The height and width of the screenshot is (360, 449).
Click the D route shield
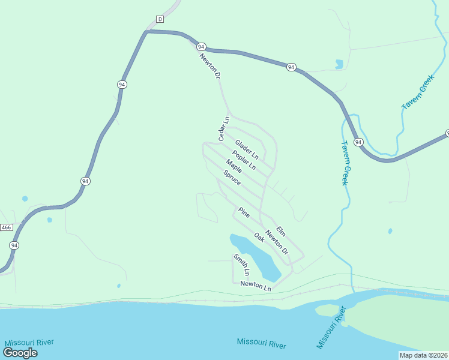pyautogui.click(x=160, y=19)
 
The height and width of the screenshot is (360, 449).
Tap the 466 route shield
pyautogui.click(x=7, y=227)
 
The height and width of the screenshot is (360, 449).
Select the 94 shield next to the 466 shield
pyautogui.click(x=14, y=245)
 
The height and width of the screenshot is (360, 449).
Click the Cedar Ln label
pyautogui.click(x=224, y=129)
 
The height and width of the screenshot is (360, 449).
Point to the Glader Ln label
pyautogui.click(x=246, y=146)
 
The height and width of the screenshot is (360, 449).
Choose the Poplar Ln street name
pyautogui.click(x=244, y=159)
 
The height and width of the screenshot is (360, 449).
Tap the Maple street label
pyautogui.click(x=234, y=167)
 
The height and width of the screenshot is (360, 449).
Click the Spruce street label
pyautogui.click(x=232, y=178)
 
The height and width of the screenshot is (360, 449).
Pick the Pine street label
pyautogui.click(x=244, y=212)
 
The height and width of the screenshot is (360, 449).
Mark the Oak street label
pyautogui.click(x=259, y=238)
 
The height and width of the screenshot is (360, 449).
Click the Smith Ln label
pyautogui.click(x=241, y=265)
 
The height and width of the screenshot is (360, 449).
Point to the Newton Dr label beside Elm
pyautogui.click(x=277, y=242)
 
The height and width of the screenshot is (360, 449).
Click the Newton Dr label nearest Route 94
pyautogui.click(x=211, y=67)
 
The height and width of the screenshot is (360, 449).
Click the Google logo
pyautogui.click(x=20, y=352)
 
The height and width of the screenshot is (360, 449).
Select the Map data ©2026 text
pyautogui.click(x=423, y=355)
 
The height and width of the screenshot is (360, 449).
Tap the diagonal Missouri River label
pyautogui.click(x=331, y=328)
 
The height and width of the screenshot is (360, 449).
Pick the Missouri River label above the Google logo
pyautogui.click(x=29, y=342)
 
